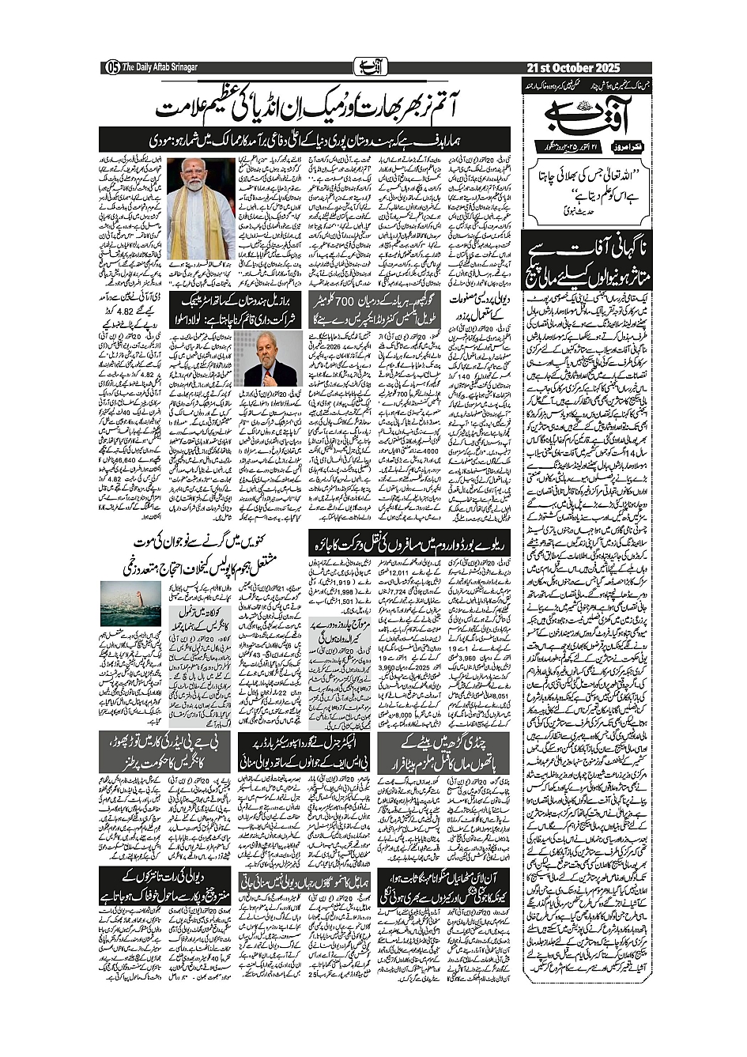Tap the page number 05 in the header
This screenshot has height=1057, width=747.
tap(111, 67)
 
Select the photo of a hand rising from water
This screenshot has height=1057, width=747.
tap(130, 602)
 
